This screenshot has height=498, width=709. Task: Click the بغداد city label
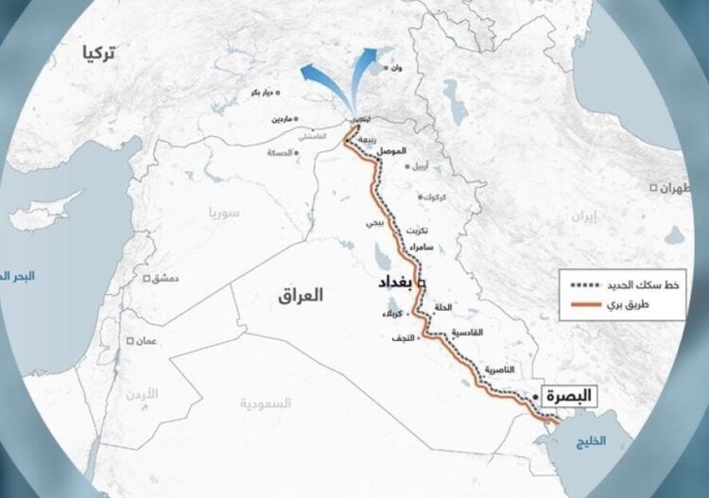click(x=397, y=283)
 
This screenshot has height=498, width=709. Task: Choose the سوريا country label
click(x=225, y=214)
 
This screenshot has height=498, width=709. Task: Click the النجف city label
click(x=402, y=337)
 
